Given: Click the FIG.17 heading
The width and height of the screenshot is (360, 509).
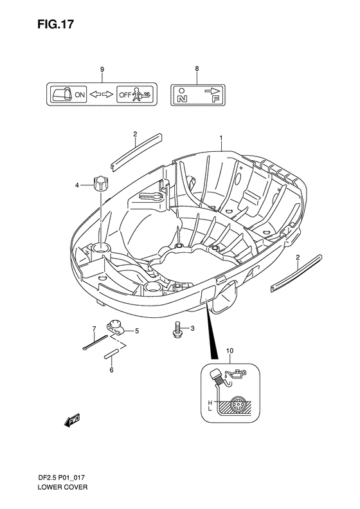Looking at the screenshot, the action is [55, 24].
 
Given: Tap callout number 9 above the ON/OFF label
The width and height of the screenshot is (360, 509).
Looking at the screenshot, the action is [102, 69].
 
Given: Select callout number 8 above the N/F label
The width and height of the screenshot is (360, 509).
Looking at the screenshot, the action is [197, 69].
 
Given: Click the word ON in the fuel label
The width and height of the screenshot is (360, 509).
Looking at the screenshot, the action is [80, 95].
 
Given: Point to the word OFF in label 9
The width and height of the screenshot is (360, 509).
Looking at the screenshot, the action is [125, 95].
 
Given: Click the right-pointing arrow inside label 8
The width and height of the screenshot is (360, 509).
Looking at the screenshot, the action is [213, 91].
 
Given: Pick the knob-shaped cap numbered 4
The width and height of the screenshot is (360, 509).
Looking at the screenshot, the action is [100, 184].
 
